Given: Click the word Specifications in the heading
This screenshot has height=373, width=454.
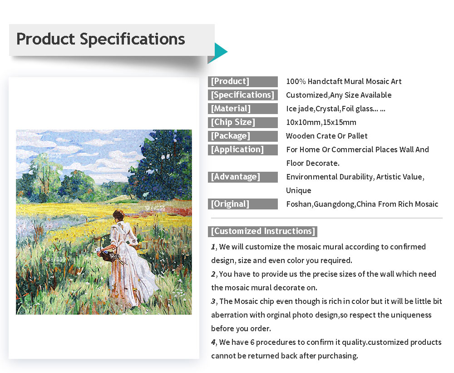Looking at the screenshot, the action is pos(132,40).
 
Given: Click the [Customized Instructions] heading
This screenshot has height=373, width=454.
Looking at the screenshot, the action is pos(263,231).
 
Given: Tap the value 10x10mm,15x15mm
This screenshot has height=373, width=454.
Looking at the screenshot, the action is pos(321,122).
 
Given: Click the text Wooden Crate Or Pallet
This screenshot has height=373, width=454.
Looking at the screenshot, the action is pos(326,136).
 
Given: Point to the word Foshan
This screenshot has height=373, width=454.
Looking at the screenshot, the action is pos(299,204).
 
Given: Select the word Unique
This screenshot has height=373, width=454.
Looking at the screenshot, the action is pos(299,190).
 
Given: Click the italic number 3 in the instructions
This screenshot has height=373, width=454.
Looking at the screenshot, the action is pos(213,301).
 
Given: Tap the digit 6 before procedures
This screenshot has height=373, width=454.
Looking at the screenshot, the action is pos(252,342).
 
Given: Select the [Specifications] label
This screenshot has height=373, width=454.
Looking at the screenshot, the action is pos(242,95).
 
